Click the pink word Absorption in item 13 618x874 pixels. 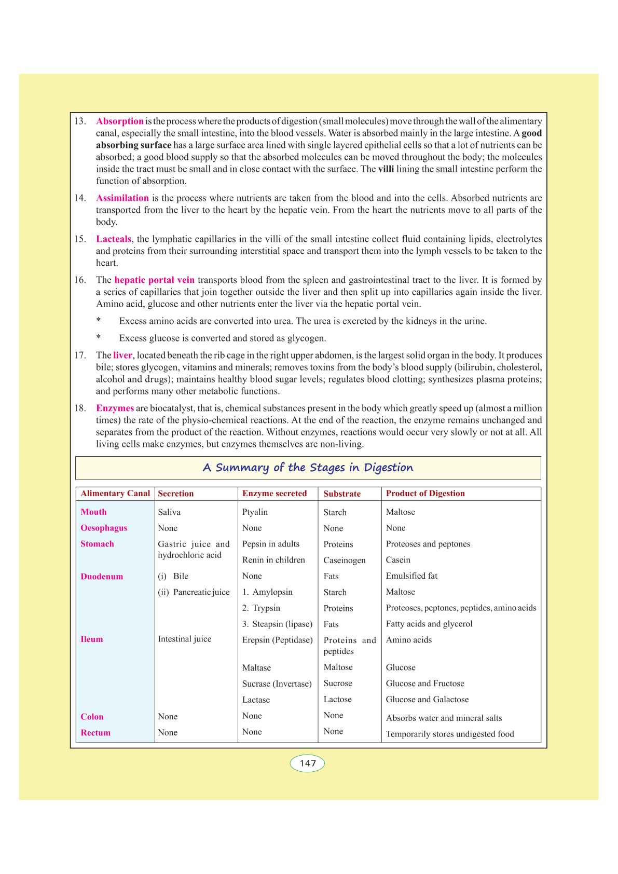pyautogui.click(x=119, y=121)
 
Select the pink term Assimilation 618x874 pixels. pyautogui.click(x=122, y=198)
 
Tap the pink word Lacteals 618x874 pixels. pyautogui.click(x=113, y=239)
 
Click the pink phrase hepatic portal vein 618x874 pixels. pyautogui.click(x=154, y=280)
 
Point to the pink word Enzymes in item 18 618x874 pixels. pyautogui.click(x=115, y=408)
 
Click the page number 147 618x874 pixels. pyautogui.click(x=308, y=763)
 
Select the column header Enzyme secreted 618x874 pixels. pyautogui.click(x=274, y=494)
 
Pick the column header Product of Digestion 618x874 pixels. pyautogui.click(x=425, y=494)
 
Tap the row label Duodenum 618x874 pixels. pyautogui.click(x=102, y=577)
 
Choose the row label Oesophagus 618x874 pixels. pyautogui.click(x=104, y=528)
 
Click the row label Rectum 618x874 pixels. pyautogui.click(x=95, y=733)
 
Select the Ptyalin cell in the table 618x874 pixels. pyautogui.click(x=255, y=512)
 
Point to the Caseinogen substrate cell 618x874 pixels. pyautogui.click(x=345, y=561)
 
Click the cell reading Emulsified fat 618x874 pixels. pyautogui.click(x=411, y=576)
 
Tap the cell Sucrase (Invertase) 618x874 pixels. pyautogui.click(x=277, y=684)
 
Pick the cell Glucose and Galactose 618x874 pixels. pyautogui.click(x=427, y=700)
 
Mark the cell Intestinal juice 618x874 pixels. pyautogui.click(x=185, y=639)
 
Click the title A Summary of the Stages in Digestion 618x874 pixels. pyautogui.click(x=308, y=468)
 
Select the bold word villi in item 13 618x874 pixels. pyautogui.click(x=386, y=169)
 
